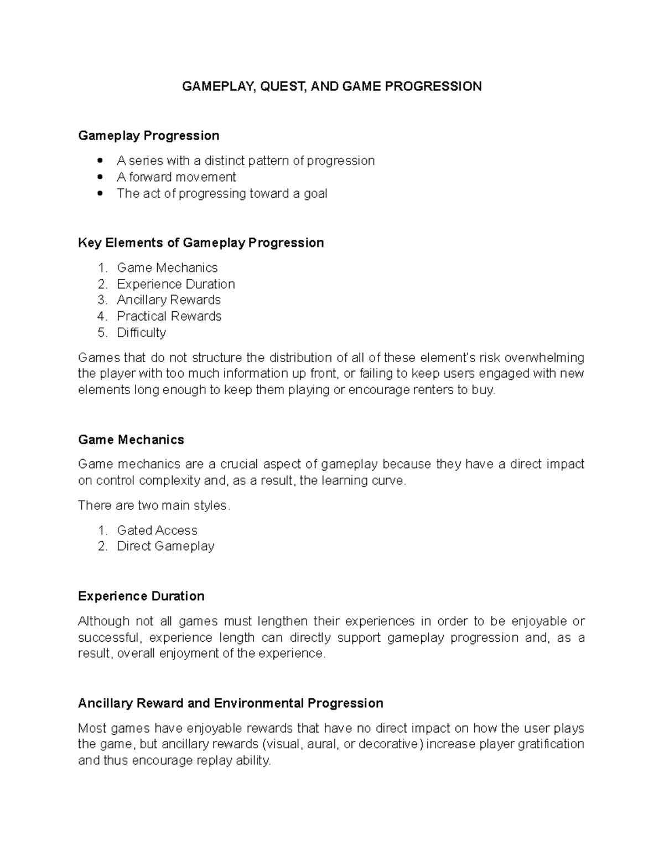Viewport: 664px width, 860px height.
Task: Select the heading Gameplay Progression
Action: pyautogui.click(x=148, y=136)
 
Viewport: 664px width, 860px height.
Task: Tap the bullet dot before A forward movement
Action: pyautogui.click(x=100, y=177)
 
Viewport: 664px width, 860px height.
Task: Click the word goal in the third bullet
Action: pyautogui.click(x=315, y=193)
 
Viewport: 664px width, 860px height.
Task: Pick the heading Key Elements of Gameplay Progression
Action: pyautogui.click(x=201, y=243)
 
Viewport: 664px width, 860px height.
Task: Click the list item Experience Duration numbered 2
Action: pyautogui.click(x=176, y=284)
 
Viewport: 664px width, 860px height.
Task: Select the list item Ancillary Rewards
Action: pyautogui.click(x=169, y=300)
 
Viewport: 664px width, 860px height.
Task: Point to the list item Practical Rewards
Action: pyautogui.click(x=169, y=316)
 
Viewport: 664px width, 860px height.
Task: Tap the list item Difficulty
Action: pyautogui.click(x=141, y=332)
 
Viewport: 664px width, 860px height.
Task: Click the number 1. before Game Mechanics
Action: pyautogui.click(x=103, y=268)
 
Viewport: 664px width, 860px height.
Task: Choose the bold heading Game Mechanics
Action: pyautogui.click(x=131, y=440)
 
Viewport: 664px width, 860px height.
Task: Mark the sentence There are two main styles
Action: pyautogui.click(x=154, y=506)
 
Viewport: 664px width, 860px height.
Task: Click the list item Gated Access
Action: pyautogui.click(x=157, y=531)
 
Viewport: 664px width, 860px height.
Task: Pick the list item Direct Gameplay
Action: pyautogui.click(x=165, y=546)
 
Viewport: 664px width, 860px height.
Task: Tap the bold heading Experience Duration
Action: pyautogui.click(x=141, y=596)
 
